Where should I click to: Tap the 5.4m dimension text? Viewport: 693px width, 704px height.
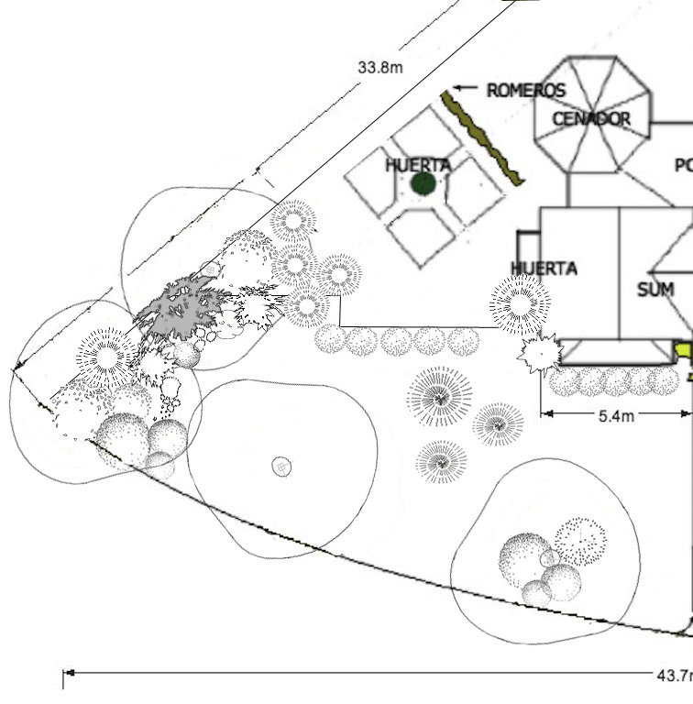click(x=616, y=415)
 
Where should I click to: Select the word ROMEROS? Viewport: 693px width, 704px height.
click(x=525, y=90)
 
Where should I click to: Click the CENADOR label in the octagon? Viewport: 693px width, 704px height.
click(x=591, y=119)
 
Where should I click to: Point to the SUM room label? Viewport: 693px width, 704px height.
click(x=654, y=290)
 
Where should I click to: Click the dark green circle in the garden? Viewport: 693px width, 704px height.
click(x=423, y=183)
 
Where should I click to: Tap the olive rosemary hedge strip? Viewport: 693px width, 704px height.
click(x=481, y=137)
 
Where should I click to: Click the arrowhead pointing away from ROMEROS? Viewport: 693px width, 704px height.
click(x=459, y=89)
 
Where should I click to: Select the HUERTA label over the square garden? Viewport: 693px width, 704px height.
click(x=418, y=165)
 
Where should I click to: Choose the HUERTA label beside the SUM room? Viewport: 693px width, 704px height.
click(x=544, y=269)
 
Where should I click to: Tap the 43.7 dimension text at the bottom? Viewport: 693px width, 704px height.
click(x=674, y=676)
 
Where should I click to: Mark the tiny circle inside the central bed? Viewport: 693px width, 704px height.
click(x=282, y=467)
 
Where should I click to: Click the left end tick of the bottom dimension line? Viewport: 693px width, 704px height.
click(x=63, y=678)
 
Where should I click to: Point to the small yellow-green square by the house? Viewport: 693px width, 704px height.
click(x=682, y=349)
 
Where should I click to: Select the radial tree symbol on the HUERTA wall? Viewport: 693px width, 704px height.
click(x=520, y=304)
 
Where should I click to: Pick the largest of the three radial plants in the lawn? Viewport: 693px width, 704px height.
click(x=440, y=397)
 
